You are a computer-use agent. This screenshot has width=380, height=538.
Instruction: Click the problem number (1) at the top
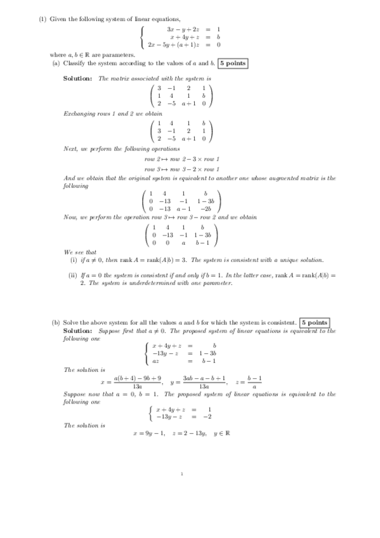click(43, 20)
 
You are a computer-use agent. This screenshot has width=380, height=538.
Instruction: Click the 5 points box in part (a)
click(232, 63)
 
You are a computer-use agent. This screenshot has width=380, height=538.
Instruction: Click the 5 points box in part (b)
click(314, 323)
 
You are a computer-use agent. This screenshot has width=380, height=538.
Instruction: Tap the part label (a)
click(56, 63)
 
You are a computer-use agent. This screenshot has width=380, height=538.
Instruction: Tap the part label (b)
click(56, 323)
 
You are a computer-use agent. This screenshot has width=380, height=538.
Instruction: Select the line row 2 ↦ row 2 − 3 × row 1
click(181, 158)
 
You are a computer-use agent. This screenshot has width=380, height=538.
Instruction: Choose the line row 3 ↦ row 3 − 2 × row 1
click(181, 169)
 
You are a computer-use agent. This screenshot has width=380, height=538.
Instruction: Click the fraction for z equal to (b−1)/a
click(254, 382)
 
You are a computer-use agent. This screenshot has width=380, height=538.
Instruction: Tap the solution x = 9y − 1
click(149, 434)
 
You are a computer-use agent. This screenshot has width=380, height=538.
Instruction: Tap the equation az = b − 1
click(184, 361)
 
